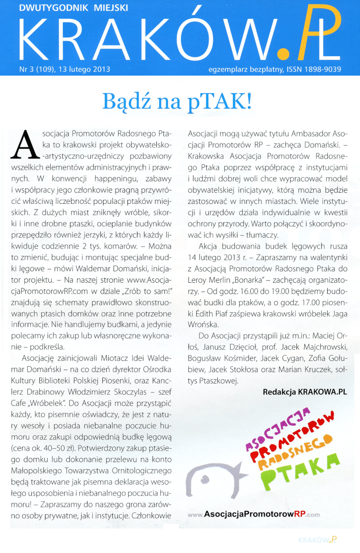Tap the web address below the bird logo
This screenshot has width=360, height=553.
coord(254,515)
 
